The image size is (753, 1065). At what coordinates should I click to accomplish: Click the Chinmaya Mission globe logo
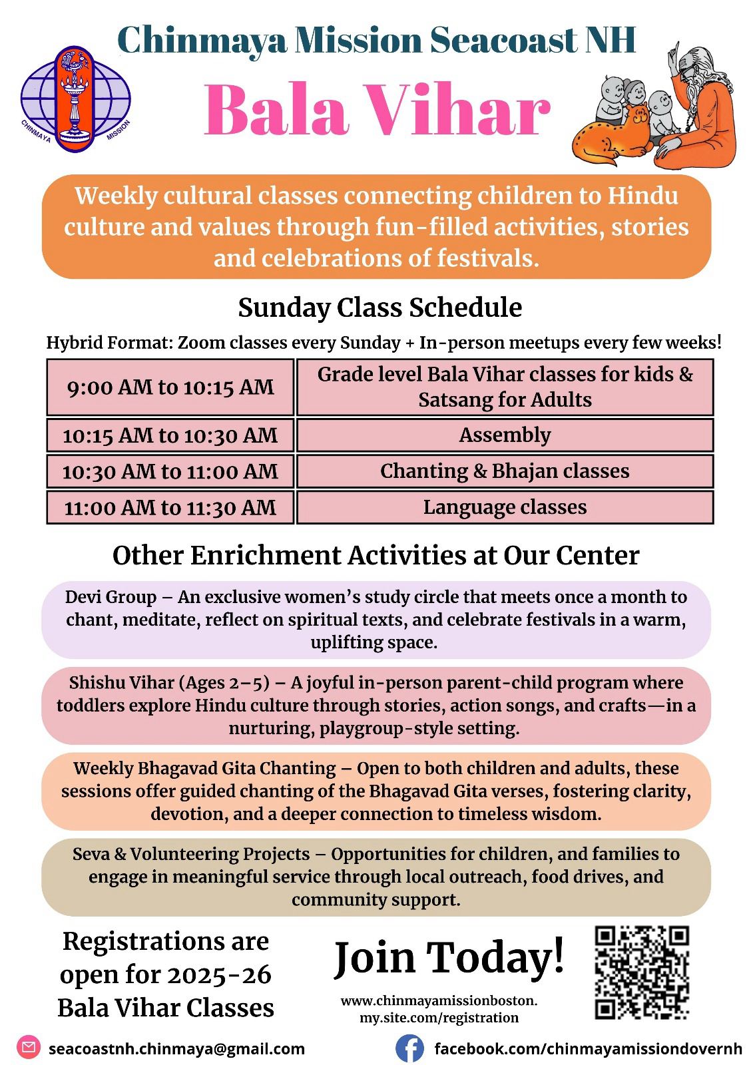[x=75, y=99]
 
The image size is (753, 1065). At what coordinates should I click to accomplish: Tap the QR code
[x=641, y=972]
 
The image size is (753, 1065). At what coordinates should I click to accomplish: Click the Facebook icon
[x=409, y=1048]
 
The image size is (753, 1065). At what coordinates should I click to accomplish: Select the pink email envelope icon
[x=29, y=1048]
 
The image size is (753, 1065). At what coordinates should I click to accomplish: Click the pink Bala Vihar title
[x=377, y=110]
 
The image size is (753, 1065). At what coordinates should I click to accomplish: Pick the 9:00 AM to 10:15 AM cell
[x=170, y=387]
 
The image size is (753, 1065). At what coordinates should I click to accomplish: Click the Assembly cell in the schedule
[x=505, y=435]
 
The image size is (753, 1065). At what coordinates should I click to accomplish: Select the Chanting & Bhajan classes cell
[x=505, y=471]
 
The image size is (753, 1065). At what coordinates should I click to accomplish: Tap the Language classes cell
[x=505, y=507]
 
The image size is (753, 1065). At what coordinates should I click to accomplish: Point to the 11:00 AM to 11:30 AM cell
[x=170, y=508]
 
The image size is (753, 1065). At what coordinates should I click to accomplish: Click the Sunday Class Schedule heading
[x=379, y=308]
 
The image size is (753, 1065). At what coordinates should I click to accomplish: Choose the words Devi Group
[x=111, y=597]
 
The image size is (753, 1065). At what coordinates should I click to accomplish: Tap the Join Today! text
[x=449, y=957]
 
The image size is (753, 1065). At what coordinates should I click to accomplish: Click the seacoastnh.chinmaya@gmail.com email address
[x=176, y=1049]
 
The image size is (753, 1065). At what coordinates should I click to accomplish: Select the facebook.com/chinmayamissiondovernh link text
[x=588, y=1049]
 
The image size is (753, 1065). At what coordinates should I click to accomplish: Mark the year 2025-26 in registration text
[x=219, y=975]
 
